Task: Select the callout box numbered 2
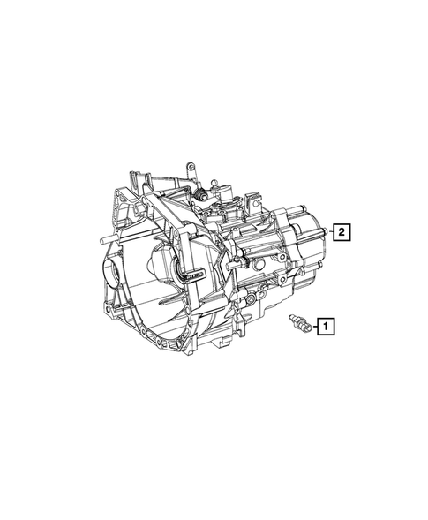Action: [342, 233]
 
